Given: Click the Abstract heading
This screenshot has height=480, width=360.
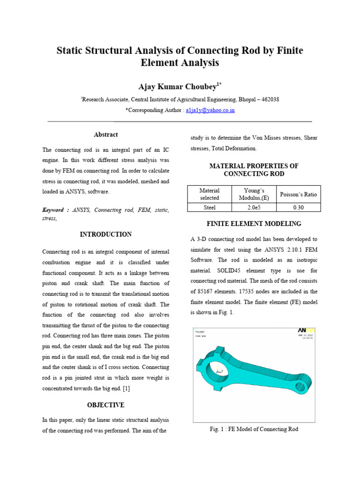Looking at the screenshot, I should click(x=106, y=135).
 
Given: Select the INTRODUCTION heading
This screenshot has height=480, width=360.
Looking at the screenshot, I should click(x=106, y=234).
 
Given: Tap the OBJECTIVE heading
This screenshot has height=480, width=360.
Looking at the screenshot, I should click(x=106, y=405).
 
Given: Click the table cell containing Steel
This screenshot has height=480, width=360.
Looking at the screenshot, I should click(x=209, y=207).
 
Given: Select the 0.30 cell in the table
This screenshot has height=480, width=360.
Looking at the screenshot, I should click(x=299, y=207).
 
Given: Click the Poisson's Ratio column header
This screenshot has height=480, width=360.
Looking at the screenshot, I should click(x=299, y=194).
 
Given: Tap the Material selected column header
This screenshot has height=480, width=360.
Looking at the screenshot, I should click(x=209, y=194).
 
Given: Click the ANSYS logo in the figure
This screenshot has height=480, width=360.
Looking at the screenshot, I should click(x=307, y=330).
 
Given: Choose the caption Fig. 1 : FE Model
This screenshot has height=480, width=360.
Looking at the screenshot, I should click(x=254, y=429).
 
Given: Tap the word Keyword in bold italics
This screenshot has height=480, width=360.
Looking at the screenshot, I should click(x=53, y=210).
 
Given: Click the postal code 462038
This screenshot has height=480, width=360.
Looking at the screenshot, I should click(x=269, y=99).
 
